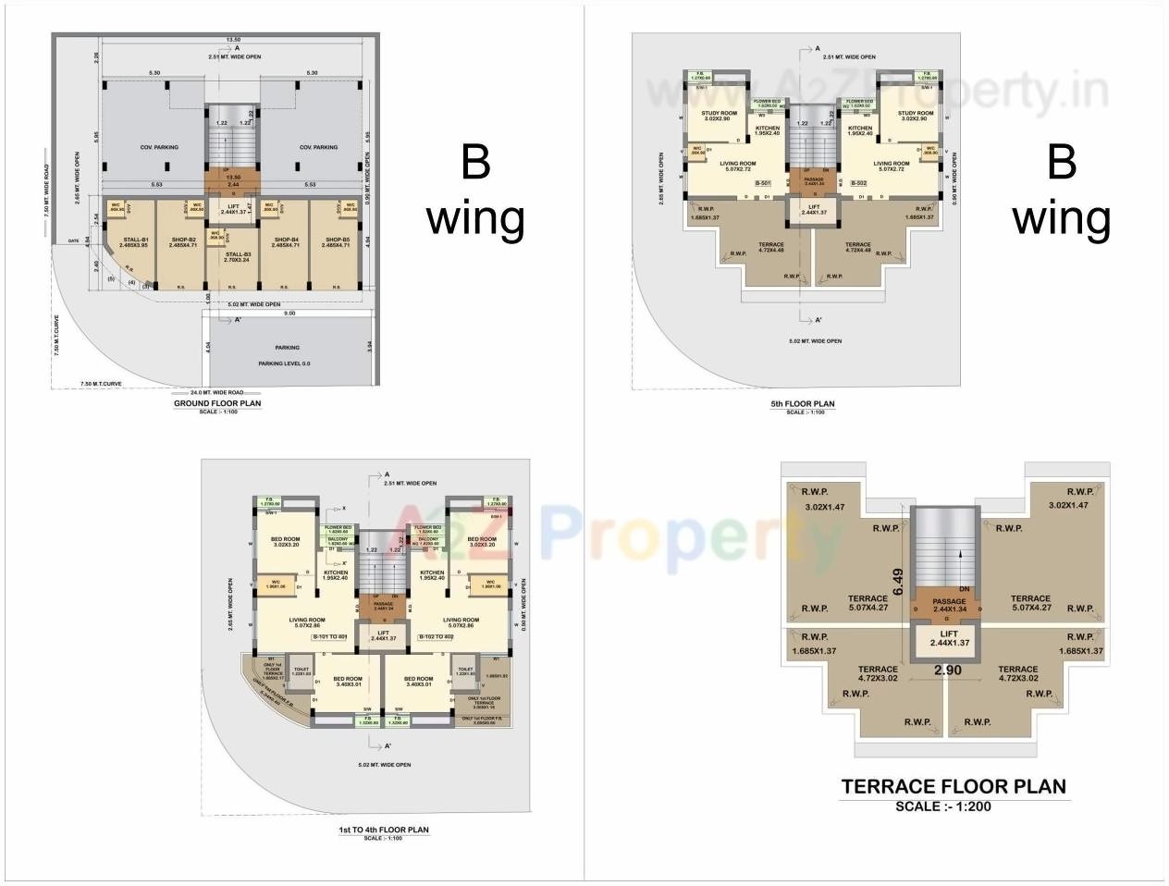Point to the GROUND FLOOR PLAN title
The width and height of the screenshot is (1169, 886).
click(x=217, y=403)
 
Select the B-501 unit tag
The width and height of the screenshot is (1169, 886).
click(x=763, y=184)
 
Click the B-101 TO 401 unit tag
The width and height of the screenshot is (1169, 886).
click(x=329, y=637)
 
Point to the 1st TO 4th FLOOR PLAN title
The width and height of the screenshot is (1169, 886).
click(x=383, y=830)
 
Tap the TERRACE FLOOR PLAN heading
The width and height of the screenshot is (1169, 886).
click(x=953, y=787)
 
